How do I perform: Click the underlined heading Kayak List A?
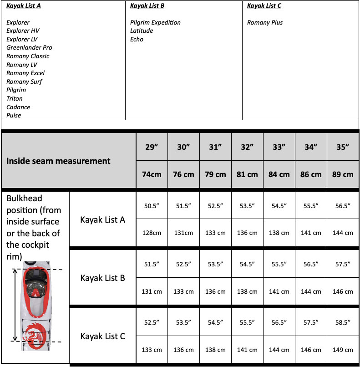[x=24, y=6]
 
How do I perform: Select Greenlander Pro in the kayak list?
[x=29, y=48]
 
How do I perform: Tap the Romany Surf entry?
[x=24, y=82]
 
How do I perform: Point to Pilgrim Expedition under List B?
[x=155, y=23]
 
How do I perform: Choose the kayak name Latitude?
[x=142, y=31]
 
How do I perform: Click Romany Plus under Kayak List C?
[x=265, y=23]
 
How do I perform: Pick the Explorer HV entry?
[x=23, y=31]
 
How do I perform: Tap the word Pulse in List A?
[x=14, y=116]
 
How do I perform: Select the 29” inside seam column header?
[x=152, y=147]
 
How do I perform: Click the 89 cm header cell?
[x=343, y=174]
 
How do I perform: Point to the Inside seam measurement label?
[x=58, y=161]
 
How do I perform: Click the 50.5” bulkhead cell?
[x=152, y=206]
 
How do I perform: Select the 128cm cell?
[x=152, y=233]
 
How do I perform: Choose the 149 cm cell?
[x=343, y=350]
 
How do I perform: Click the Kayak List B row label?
[x=102, y=278]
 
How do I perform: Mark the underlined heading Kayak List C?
[x=264, y=6]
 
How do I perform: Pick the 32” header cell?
[x=247, y=147]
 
